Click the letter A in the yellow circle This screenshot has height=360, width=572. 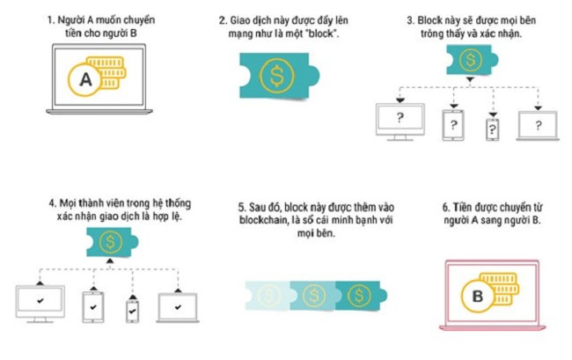point(84,80)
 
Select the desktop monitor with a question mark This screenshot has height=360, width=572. point(399,122)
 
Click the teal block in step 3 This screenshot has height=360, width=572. point(472,60)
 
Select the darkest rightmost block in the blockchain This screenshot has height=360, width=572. point(361,296)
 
